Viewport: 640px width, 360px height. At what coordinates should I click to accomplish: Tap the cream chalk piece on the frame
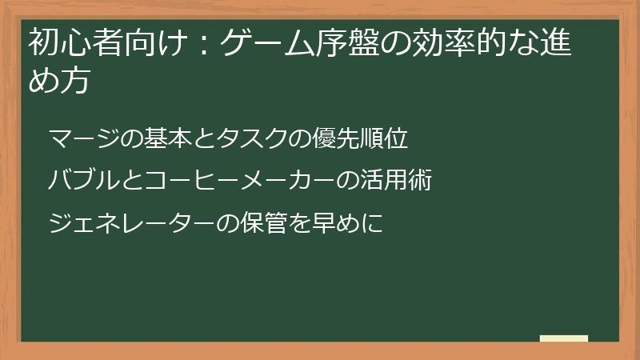(564, 338)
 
